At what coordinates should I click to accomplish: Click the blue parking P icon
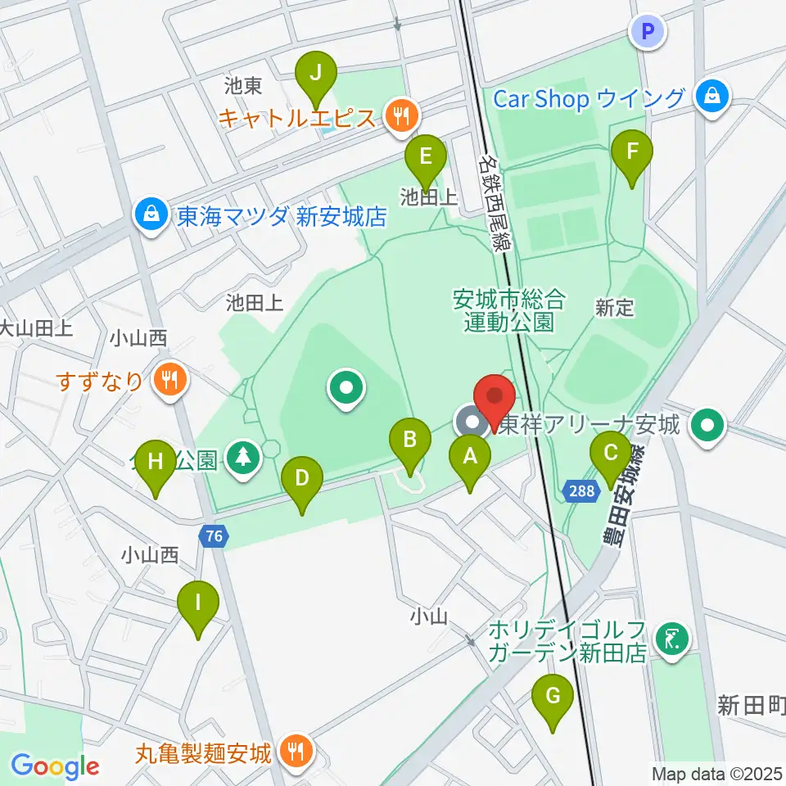pos(648,32)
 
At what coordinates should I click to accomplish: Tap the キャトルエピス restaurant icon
pos(400,117)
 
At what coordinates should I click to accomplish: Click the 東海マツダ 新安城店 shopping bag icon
pos(151,216)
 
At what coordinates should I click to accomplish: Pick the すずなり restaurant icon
pos(170,380)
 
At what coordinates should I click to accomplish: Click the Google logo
pos(54,766)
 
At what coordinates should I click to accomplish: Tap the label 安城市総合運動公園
pos(508,310)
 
